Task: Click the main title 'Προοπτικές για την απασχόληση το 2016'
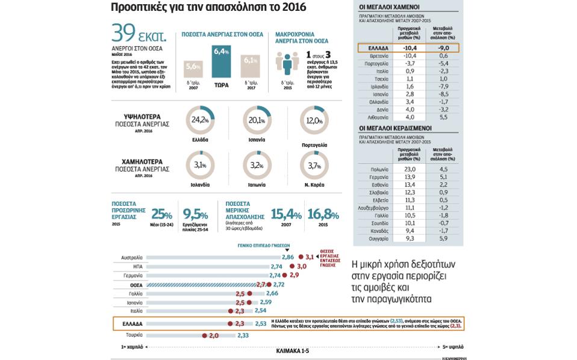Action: point(208,8)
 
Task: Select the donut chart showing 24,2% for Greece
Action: point(200,120)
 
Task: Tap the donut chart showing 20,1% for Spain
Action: point(257,120)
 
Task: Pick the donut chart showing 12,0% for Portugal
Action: point(314,120)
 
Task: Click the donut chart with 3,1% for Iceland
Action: point(200,165)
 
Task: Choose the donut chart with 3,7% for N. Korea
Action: point(314,165)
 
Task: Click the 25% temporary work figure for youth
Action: point(161,214)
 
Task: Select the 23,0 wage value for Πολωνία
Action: point(409,169)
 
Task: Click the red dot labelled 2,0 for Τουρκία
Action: point(204,335)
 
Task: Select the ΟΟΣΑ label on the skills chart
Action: point(136,284)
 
